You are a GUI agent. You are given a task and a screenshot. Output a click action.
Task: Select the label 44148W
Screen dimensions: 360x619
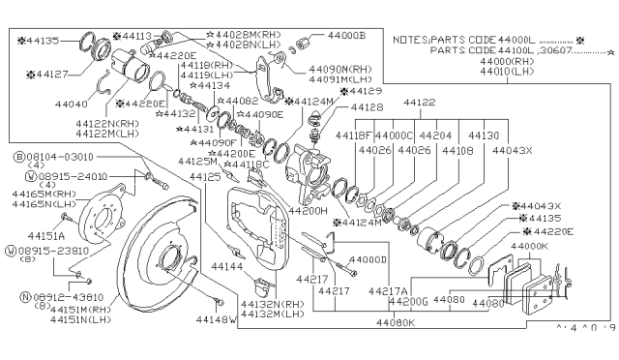point(217,318)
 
